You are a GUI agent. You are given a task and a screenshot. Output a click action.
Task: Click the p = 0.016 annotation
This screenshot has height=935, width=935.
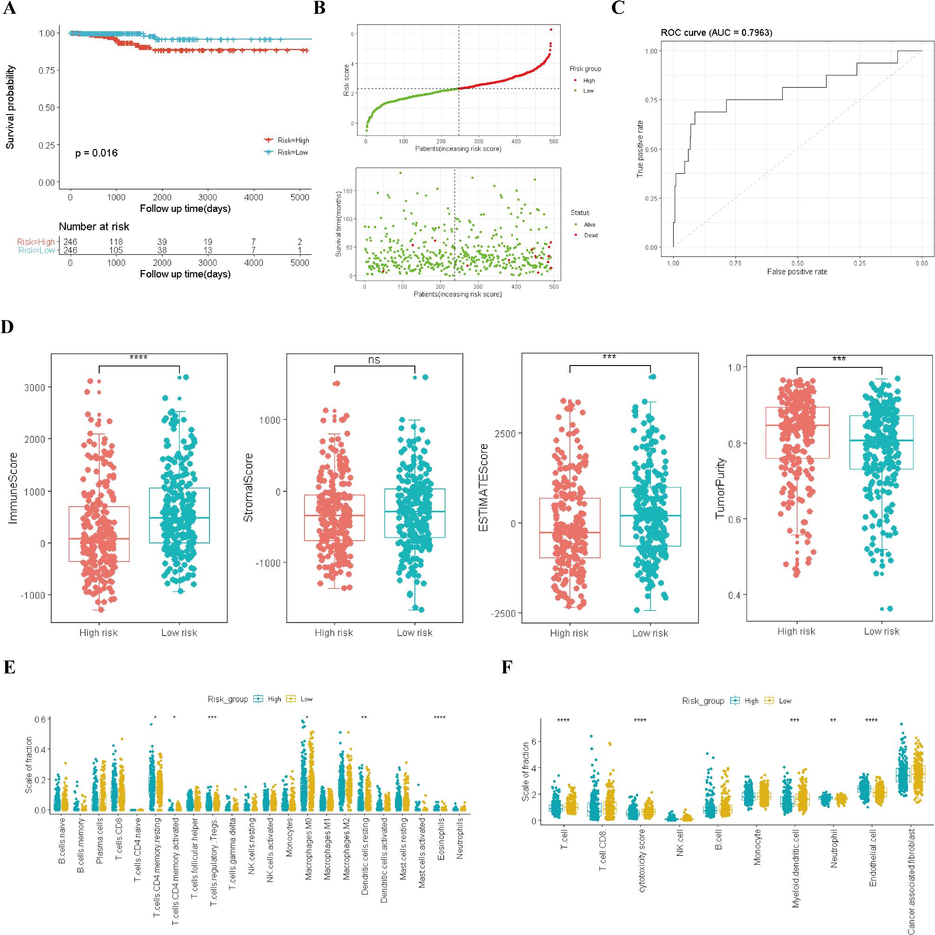tap(96, 153)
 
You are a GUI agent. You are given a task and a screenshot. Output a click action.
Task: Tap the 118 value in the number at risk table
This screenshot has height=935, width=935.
tap(115, 242)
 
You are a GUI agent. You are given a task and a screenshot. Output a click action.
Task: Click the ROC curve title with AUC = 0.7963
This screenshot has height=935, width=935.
tap(716, 33)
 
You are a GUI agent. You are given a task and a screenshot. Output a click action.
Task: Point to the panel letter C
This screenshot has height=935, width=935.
tap(618, 8)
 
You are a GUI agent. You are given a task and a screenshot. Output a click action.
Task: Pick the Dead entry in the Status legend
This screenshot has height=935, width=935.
tap(590, 235)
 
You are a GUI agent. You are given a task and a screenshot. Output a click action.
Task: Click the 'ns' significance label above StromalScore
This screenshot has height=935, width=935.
tap(374, 359)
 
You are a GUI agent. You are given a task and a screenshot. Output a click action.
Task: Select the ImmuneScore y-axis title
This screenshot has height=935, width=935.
tap(13, 488)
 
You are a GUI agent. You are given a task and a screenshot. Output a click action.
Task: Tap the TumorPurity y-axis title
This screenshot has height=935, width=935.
tap(721, 488)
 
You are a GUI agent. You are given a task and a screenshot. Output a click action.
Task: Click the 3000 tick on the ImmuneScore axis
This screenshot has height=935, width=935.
tap(34, 388)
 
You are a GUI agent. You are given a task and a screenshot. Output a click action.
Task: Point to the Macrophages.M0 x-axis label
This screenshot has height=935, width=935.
tap(309, 848)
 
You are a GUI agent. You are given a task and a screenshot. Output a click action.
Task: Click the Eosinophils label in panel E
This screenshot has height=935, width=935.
tap(441, 839)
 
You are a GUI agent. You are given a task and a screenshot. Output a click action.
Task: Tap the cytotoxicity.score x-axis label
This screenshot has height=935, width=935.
tap(642, 860)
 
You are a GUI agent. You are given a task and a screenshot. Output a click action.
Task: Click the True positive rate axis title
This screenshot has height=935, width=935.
tap(640, 149)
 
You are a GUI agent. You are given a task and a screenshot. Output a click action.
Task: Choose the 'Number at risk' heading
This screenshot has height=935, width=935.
tap(94, 226)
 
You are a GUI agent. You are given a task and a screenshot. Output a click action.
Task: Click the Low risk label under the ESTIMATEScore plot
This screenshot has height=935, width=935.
tap(650, 633)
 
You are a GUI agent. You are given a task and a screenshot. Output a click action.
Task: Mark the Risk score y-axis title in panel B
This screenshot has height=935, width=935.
tap(346, 80)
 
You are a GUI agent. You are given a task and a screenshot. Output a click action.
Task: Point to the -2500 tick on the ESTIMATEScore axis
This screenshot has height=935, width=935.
tap(503, 613)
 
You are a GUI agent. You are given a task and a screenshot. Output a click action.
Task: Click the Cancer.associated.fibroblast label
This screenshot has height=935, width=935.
tap(911, 881)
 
